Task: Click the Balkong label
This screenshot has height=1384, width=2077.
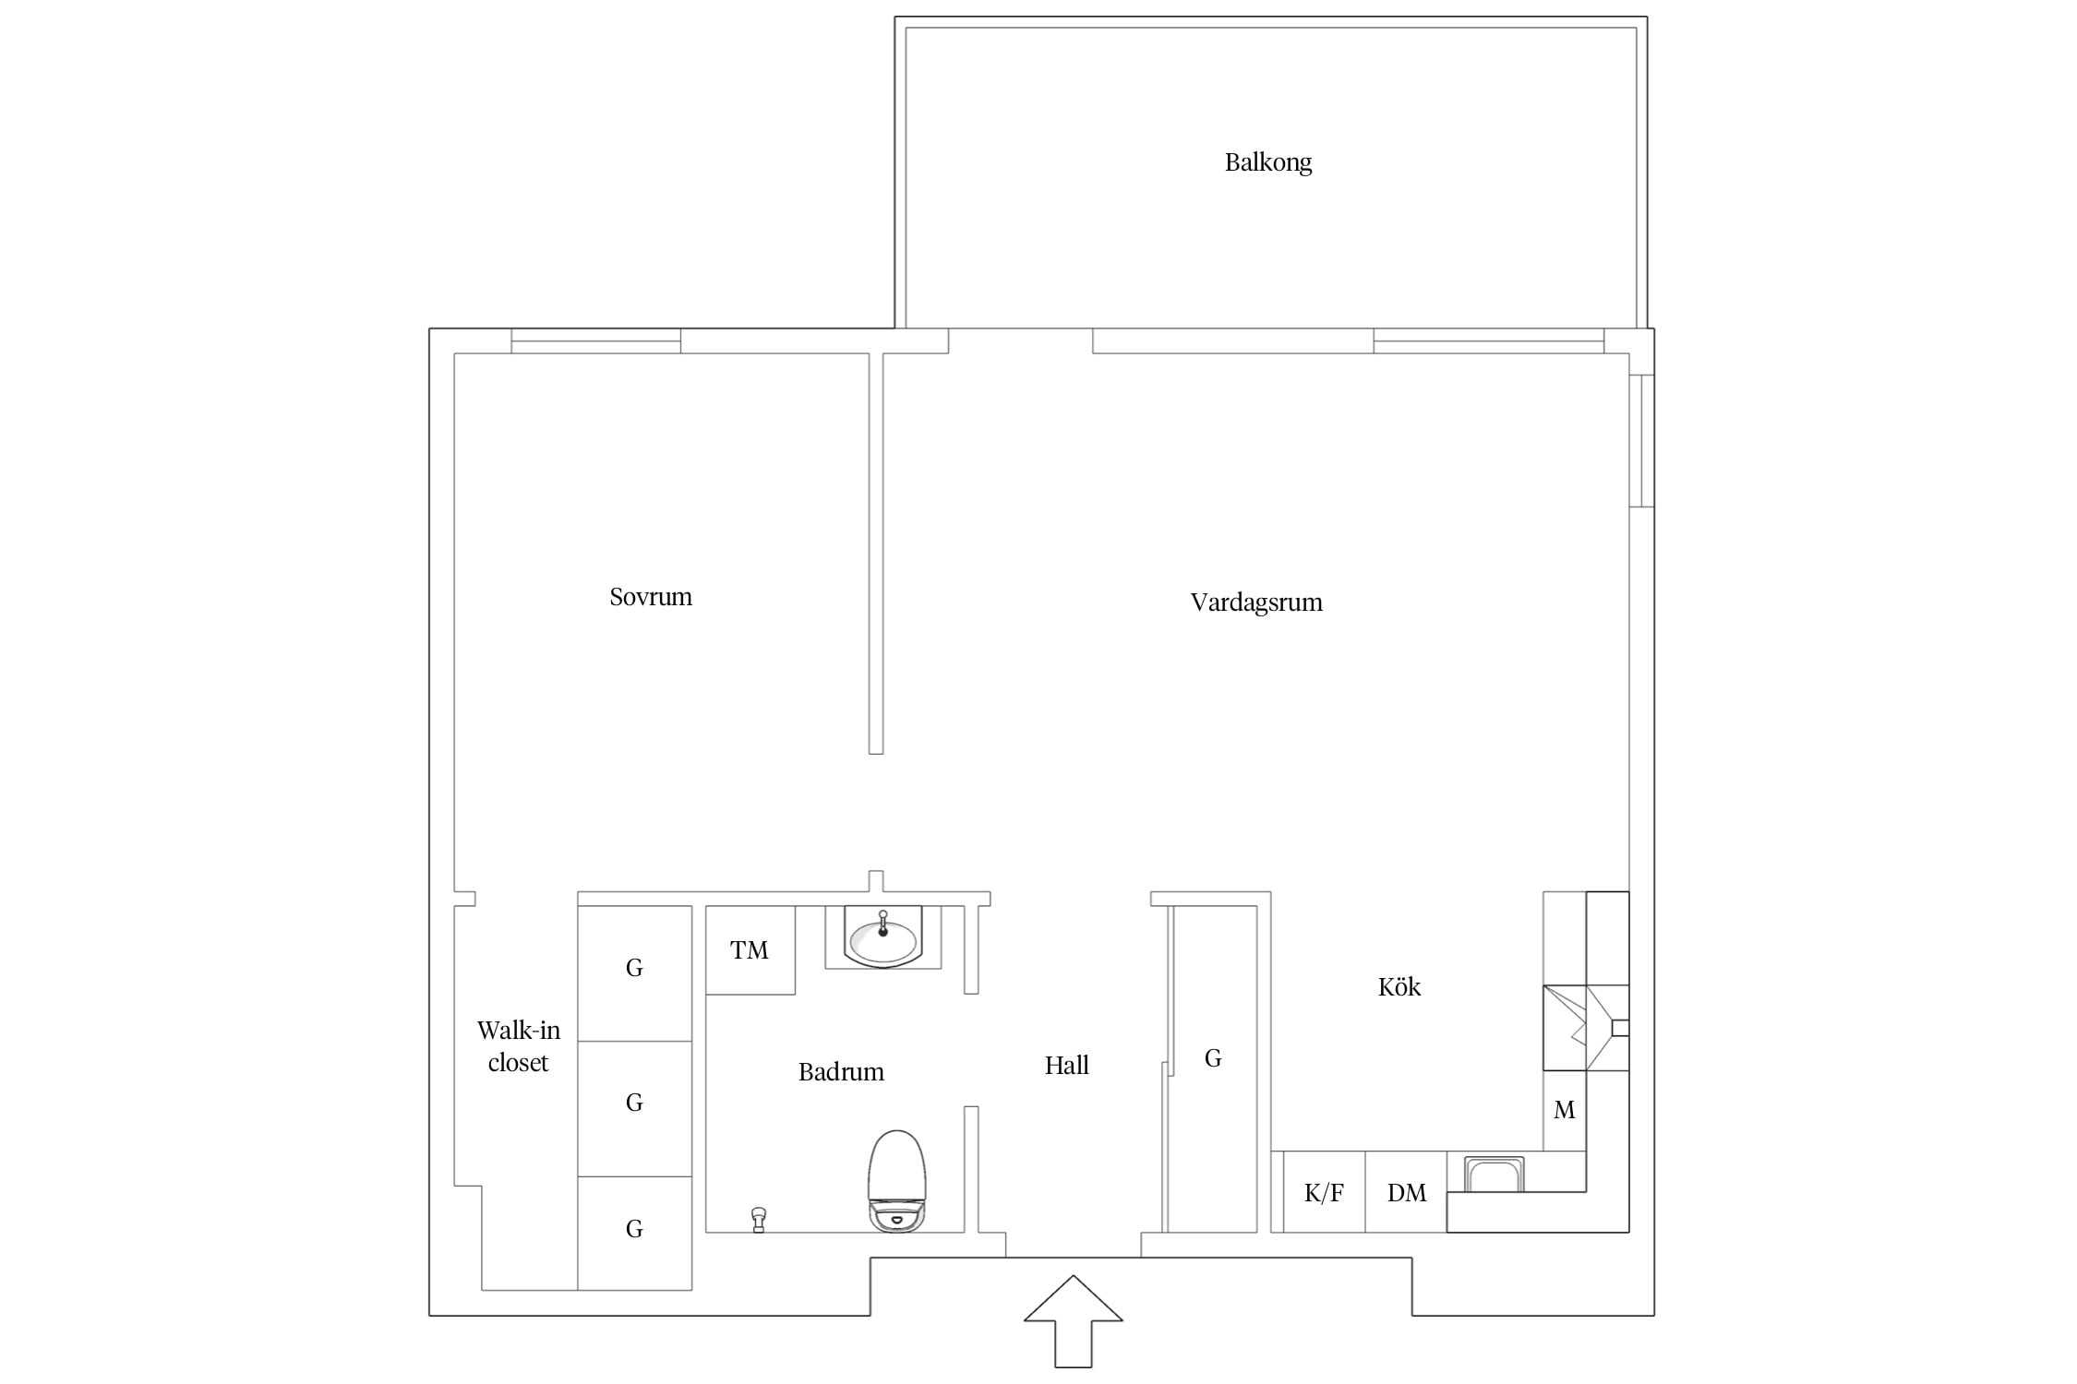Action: coord(1268,162)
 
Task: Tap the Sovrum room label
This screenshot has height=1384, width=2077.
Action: coord(651,597)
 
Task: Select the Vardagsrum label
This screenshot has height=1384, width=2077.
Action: coord(1256,603)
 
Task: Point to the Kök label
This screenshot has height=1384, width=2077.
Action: coord(1399,986)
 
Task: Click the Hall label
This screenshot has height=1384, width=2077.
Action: coord(1067,1066)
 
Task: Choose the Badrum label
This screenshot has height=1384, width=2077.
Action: coord(841,1072)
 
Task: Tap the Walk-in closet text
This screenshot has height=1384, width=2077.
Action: coord(519,1046)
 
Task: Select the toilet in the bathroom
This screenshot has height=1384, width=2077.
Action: coord(896,1180)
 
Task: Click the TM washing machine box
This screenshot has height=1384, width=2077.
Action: coord(750,950)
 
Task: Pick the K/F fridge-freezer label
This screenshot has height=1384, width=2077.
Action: coord(1324,1193)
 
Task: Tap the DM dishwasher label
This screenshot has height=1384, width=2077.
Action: coord(1407,1193)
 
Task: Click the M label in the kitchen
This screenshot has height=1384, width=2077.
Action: coord(1565,1110)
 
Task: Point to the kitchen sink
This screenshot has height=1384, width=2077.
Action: coord(1494,1175)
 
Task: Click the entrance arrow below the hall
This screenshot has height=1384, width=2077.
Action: coord(1074,1321)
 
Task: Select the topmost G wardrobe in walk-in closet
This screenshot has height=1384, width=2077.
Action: coord(635,973)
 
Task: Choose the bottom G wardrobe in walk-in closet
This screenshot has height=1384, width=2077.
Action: coord(635,1233)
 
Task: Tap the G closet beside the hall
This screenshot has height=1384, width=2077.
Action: coord(1213,1068)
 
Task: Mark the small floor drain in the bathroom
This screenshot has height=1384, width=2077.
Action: coord(759,1220)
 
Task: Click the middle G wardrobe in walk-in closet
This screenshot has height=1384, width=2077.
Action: coord(635,1109)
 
